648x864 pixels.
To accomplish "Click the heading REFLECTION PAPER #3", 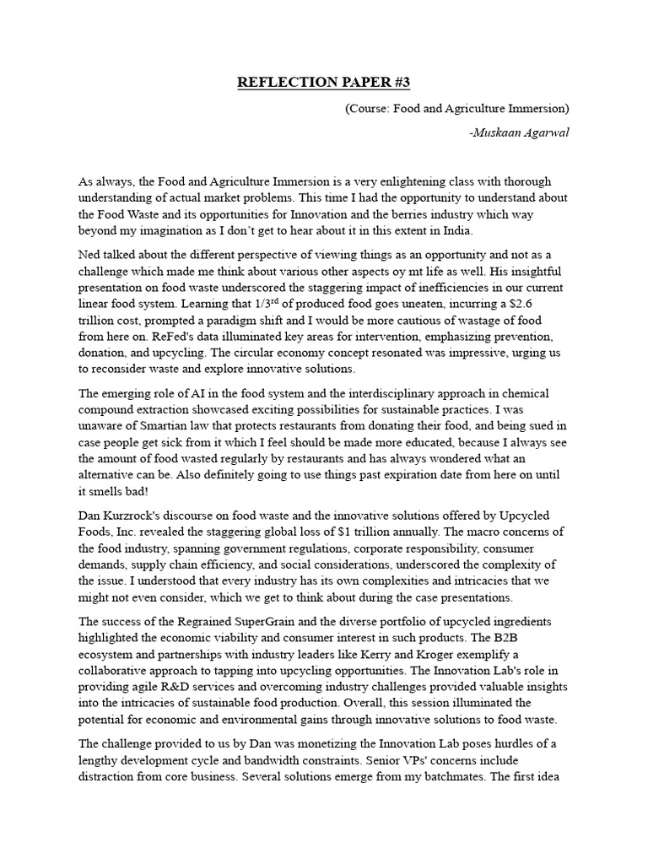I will (x=323, y=82).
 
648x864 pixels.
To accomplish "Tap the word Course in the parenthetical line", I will (x=372, y=108).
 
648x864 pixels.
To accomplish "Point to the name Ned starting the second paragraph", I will (x=91, y=255).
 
